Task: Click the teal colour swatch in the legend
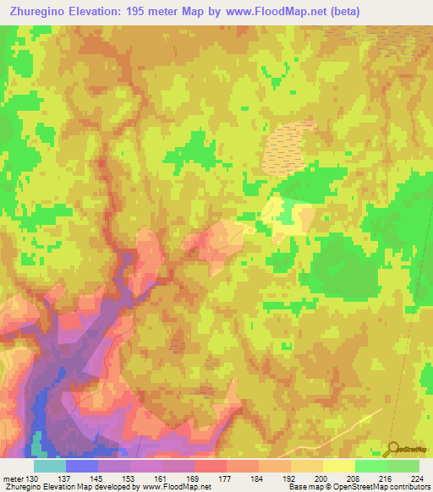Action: [x=49, y=466]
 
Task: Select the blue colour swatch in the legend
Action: [x=81, y=466]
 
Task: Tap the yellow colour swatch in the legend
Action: [x=338, y=466]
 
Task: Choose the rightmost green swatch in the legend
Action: [x=403, y=466]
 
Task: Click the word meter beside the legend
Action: [x=12, y=479]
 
